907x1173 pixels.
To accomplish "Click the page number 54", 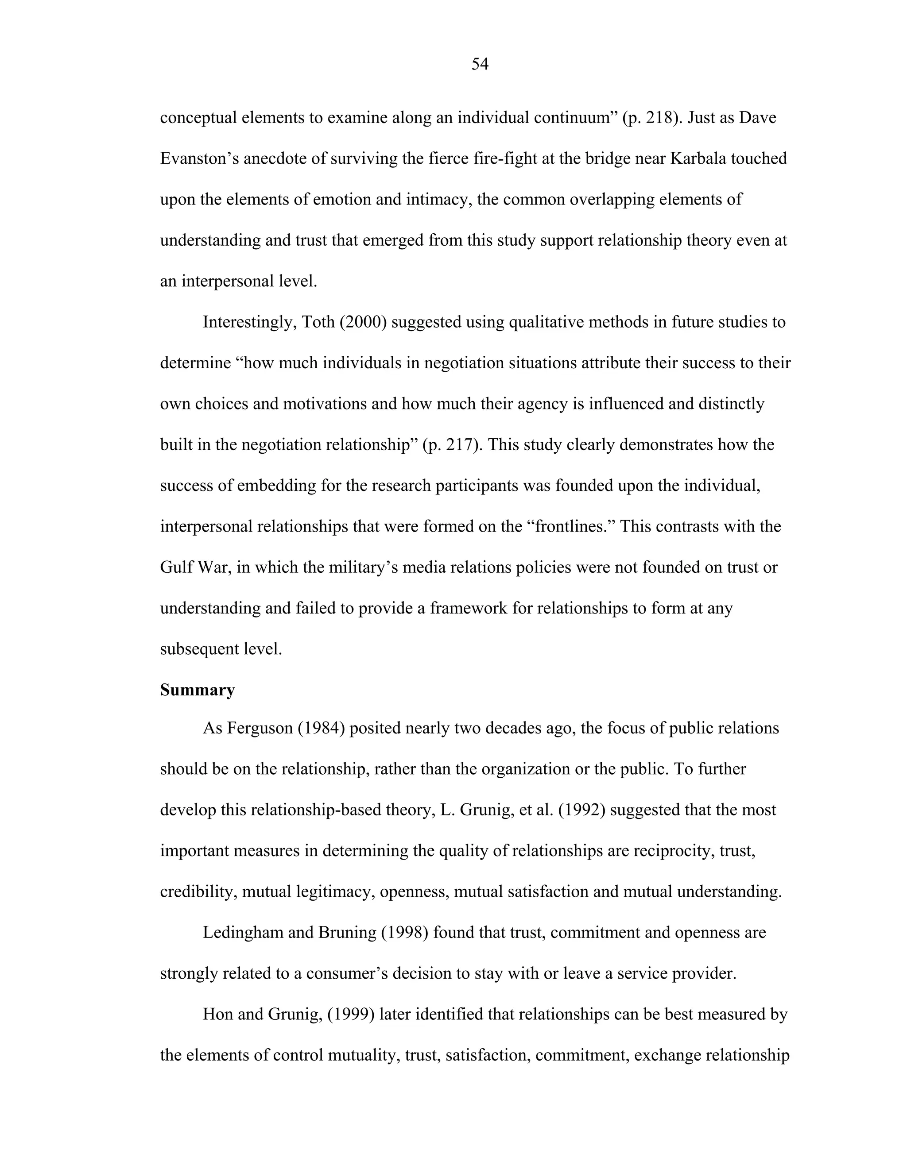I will point(479,65).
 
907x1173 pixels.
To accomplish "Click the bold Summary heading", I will point(197,690).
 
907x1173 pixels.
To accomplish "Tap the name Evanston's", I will point(199,158).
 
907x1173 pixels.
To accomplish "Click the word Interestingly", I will point(249,322).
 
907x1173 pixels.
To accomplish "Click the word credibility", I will point(198,891).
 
